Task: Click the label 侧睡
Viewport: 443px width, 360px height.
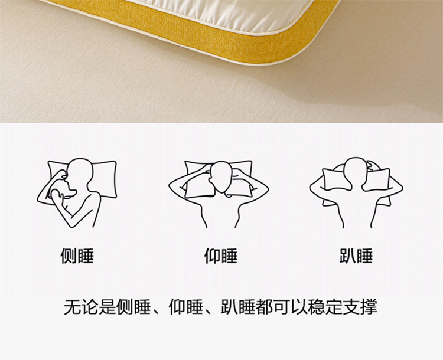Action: click(x=77, y=256)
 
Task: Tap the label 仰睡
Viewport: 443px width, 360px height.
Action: click(x=221, y=256)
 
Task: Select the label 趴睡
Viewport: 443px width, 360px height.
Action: click(x=356, y=256)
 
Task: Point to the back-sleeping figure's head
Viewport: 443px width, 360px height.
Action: click(x=221, y=177)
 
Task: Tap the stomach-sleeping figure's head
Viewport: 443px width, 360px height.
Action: click(x=356, y=172)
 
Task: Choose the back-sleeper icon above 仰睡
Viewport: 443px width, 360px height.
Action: click(x=219, y=194)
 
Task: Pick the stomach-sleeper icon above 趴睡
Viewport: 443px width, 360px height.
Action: click(x=356, y=192)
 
